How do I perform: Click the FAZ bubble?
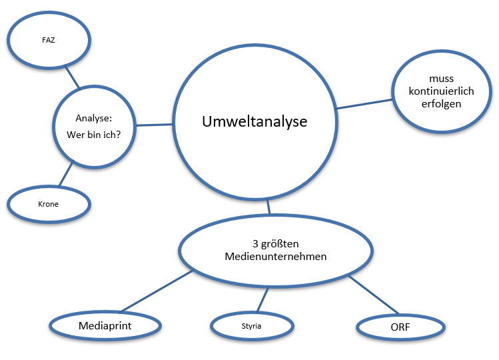tap(48, 39)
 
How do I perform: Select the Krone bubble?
tap(48, 203)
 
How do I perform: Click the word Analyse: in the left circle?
tap(93, 118)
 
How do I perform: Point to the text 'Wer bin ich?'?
tap(94, 135)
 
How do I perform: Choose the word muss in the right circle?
tap(442, 79)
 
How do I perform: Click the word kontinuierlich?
tap(442, 92)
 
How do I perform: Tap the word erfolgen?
tap(442, 105)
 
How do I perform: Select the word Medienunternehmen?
tap(274, 257)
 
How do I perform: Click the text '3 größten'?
tap(274, 243)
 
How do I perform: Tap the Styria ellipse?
tap(252, 327)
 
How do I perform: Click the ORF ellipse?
tap(400, 327)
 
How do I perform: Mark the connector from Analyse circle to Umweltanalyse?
tap(155, 124)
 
